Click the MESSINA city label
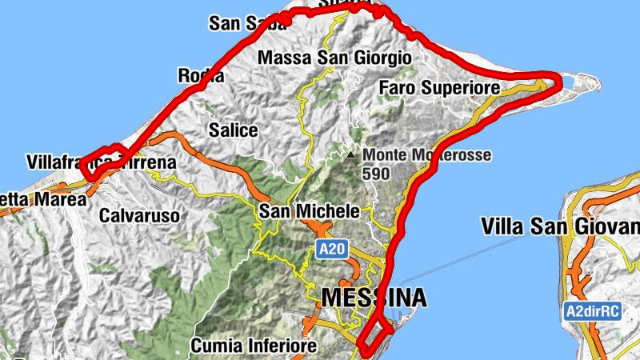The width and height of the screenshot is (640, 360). (x=374, y=298)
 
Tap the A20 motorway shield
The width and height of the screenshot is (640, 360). (x=330, y=250)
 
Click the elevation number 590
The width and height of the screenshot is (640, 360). (x=376, y=173)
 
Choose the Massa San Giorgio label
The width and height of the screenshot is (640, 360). (x=334, y=58)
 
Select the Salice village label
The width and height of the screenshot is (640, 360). (x=233, y=130)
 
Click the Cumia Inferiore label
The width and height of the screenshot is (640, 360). (x=254, y=346)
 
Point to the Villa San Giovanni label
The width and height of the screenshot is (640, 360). (x=560, y=226)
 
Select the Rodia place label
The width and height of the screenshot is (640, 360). (x=199, y=77)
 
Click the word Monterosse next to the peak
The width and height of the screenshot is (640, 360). (x=449, y=154)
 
